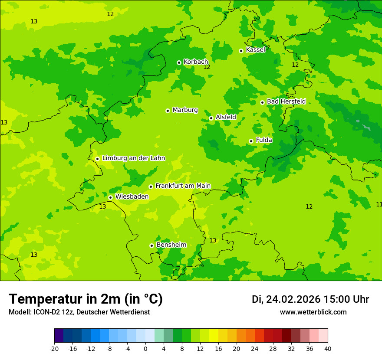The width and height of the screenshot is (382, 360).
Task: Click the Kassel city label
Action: tap(255, 50)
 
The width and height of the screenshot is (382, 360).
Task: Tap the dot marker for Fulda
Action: tap(251, 141)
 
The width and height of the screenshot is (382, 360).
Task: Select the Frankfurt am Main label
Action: tap(183, 186)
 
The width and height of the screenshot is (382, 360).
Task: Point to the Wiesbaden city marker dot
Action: tap(110, 197)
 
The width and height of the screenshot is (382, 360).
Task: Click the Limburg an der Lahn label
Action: tap(133, 158)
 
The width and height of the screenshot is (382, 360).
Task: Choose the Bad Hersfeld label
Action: tap(286, 101)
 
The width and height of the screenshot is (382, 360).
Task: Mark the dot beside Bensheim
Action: tap(151, 245)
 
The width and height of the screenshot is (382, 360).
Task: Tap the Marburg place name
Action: tap(185, 110)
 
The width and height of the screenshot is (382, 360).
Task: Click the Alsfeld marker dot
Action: tap(211, 118)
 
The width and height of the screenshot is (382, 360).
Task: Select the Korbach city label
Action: tap(196, 62)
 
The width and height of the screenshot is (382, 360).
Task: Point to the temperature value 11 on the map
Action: tap(379, 204)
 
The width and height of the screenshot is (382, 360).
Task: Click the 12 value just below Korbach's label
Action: tap(207, 67)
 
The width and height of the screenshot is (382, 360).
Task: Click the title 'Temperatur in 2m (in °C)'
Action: tap(86, 299)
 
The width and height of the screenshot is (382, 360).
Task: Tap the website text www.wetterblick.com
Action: tap(313, 312)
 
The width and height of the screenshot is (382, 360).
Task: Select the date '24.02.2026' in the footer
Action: tap(293, 299)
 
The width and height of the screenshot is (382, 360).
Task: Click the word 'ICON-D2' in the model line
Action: tap(49, 312)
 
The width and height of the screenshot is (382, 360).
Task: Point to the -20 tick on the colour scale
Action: tap(54, 349)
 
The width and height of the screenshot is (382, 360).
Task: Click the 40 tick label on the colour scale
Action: tap(328, 349)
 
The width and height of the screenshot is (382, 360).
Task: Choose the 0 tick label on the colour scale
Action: tap(145, 349)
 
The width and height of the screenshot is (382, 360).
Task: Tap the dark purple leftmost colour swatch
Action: tap(59, 336)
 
